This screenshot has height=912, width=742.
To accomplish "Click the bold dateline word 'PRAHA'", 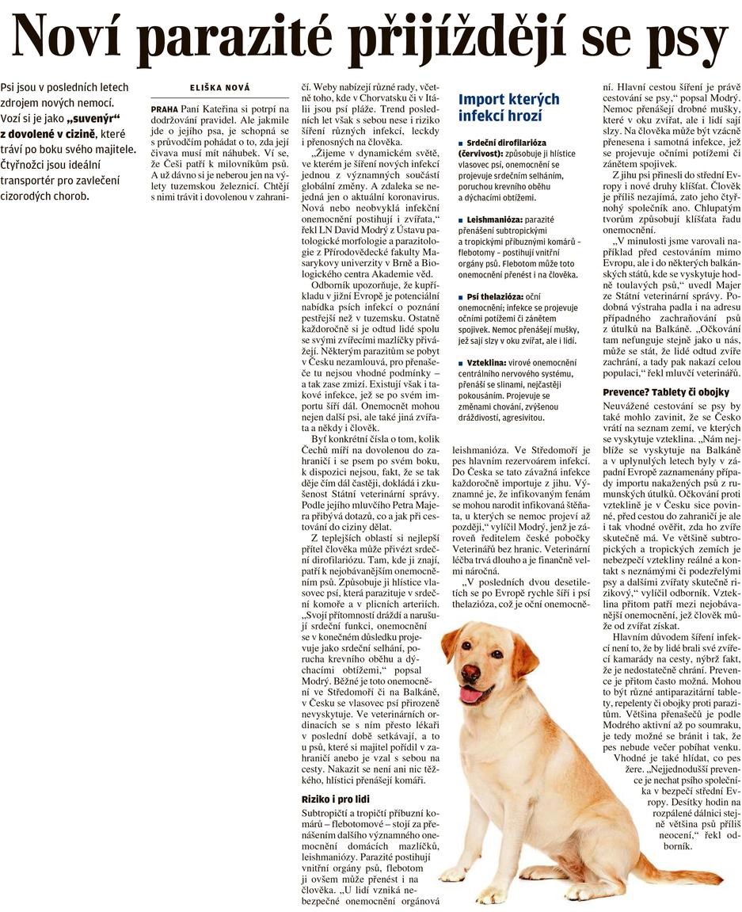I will pos(164,107).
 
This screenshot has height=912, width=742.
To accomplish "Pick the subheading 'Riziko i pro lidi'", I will pos(335,799).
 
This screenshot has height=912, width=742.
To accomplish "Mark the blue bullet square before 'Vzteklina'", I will pos(462,363).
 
